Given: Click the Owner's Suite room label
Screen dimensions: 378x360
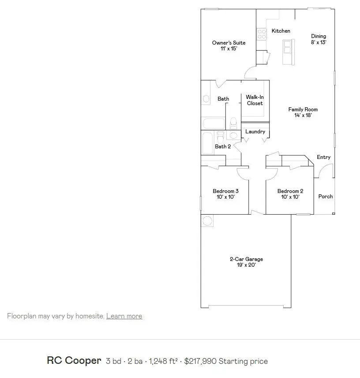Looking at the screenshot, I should [229, 45].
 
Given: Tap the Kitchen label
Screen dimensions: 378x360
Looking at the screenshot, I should [281, 31].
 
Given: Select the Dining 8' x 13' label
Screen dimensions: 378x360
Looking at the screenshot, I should [318, 39].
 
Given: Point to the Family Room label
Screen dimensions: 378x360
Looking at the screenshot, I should [303, 112].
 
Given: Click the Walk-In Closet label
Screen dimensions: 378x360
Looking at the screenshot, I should [255, 100].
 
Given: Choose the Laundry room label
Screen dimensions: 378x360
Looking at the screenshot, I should [255, 132].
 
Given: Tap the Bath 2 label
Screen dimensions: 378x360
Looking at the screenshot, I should [223, 147].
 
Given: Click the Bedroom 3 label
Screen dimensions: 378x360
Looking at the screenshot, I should [225, 194].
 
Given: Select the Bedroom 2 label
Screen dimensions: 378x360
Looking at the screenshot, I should [290, 194].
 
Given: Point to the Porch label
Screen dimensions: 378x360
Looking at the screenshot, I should [326, 197].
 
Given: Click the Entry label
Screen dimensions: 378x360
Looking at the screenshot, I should [323, 157].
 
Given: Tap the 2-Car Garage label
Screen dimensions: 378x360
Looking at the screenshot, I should [246, 262].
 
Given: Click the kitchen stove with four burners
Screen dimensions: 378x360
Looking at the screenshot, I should [262, 34].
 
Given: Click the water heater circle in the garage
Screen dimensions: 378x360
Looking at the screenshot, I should [207, 221].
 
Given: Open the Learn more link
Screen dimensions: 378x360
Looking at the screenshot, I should [124, 316].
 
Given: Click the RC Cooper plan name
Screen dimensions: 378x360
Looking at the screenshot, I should [74, 361].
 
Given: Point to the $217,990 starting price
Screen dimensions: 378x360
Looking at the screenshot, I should [226, 361].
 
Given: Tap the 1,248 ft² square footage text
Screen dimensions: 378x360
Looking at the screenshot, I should [163, 361].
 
